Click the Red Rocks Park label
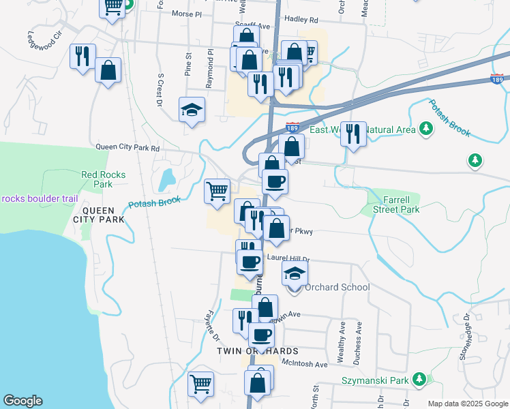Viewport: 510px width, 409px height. click(x=103, y=179)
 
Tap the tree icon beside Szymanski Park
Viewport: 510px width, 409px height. click(x=421, y=378)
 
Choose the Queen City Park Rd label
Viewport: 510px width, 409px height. click(x=127, y=147)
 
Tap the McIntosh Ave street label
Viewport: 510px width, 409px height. click(x=304, y=364)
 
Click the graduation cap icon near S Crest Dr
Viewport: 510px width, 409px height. click(x=192, y=110)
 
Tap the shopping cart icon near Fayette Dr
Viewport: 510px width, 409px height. click(x=201, y=384)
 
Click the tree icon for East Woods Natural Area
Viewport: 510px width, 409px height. click(x=426, y=128)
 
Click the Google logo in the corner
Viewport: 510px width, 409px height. click(x=22, y=401)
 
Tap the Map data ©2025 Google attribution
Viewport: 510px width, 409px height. click(x=468, y=404)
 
